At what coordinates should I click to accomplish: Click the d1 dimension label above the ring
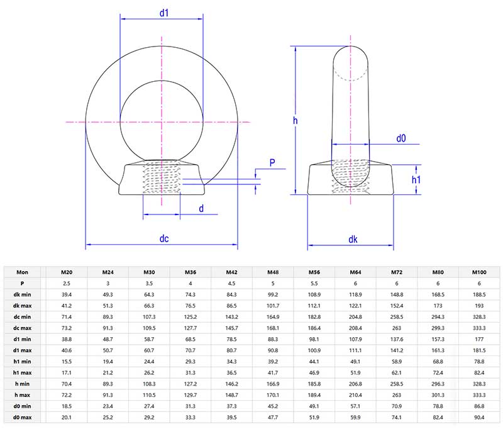pyautogui.click(x=163, y=13)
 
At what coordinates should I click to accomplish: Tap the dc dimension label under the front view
pyautogui.click(x=163, y=239)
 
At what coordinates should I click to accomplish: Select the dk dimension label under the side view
pyautogui.click(x=353, y=239)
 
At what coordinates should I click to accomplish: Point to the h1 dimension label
pyautogui.click(x=416, y=180)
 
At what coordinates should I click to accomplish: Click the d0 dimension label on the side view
pyautogui.click(x=401, y=136)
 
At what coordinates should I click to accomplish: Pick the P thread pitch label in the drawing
pyautogui.click(x=272, y=163)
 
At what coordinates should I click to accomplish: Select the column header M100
pyautogui.click(x=479, y=272)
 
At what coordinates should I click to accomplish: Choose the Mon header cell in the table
pyautogui.click(x=22, y=272)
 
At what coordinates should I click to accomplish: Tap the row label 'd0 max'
pyautogui.click(x=22, y=416)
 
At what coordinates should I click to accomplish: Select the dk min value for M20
pyautogui.click(x=66, y=293)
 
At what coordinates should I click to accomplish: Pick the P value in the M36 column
pyautogui.click(x=190, y=283)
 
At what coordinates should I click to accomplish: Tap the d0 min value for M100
pyautogui.click(x=479, y=406)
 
